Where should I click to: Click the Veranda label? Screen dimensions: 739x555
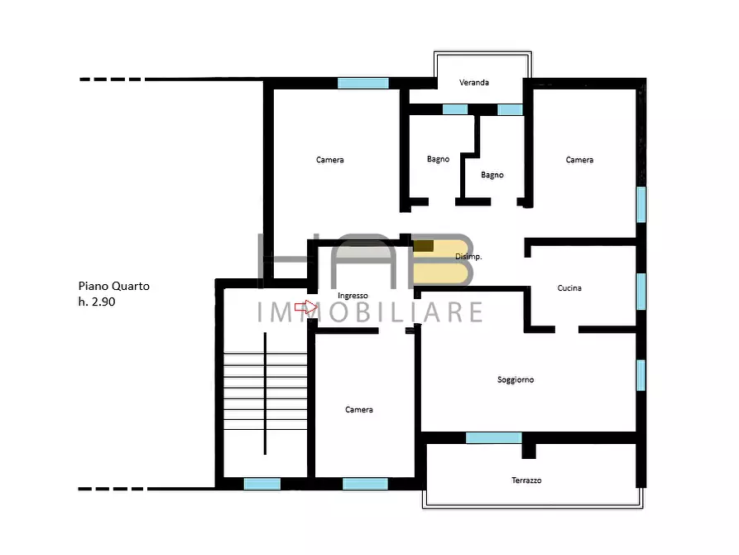(474, 83)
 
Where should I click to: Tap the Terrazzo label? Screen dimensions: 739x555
(526, 480)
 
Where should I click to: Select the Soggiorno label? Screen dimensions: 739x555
(516, 380)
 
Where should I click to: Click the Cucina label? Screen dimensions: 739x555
(569, 288)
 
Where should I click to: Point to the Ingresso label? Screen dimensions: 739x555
(353, 296)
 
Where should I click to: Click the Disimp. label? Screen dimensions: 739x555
(468, 257)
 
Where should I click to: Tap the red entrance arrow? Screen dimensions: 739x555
(306, 307)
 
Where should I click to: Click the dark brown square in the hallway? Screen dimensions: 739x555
(423, 245)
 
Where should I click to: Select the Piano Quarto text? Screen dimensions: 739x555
(113, 286)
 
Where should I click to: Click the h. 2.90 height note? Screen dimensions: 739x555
(97, 302)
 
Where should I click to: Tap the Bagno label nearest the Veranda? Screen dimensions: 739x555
(439, 160)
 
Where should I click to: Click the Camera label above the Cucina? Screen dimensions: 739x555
(579, 160)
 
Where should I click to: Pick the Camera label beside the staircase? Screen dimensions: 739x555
(358, 410)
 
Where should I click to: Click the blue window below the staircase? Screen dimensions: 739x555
(262, 484)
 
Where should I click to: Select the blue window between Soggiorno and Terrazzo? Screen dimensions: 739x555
(494, 438)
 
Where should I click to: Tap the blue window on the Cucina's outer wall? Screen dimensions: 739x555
(641, 292)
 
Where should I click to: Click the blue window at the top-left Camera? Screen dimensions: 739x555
(363, 83)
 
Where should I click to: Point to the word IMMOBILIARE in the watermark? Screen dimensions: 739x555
(370, 312)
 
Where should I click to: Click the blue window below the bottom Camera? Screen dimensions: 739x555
(365, 484)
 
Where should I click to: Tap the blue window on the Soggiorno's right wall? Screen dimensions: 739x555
(641, 375)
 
